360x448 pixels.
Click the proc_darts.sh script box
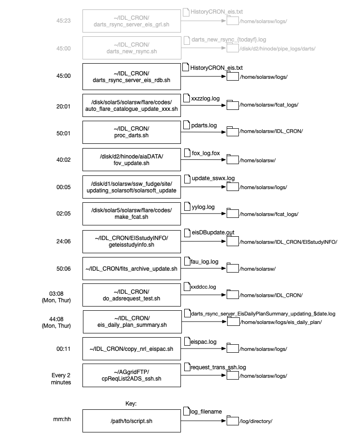[131, 132]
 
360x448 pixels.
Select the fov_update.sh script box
[131, 159]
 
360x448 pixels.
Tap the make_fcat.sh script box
[131, 214]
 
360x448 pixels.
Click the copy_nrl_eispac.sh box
[131, 348]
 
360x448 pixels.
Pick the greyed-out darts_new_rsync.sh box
[131, 48]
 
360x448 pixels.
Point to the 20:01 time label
[64, 106]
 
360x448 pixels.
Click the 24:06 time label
[64, 241]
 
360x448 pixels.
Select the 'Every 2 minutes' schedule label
[61, 379]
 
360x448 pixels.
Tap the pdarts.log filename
[204, 125]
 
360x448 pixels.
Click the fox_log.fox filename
[206, 153]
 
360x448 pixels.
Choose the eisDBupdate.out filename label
[213, 232]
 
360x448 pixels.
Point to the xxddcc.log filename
[203, 287]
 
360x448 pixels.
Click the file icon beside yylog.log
[187, 206]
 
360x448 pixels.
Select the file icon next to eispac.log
[187, 341]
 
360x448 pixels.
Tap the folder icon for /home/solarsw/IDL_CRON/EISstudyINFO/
[233, 241]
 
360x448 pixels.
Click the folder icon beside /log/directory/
[233, 420]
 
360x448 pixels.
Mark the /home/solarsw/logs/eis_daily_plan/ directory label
[281, 322]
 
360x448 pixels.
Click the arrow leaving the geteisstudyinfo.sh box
[204, 241]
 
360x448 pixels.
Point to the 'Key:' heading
[131, 403]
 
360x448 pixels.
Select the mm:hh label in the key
[62, 419]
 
